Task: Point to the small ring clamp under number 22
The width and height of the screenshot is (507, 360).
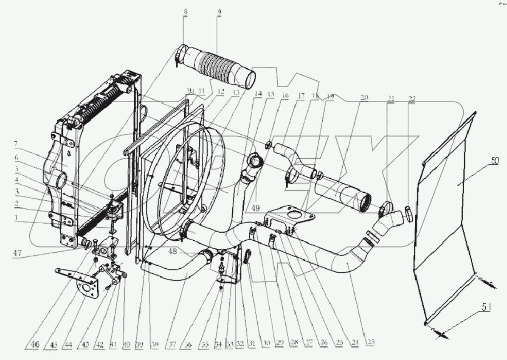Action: (408, 212)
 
